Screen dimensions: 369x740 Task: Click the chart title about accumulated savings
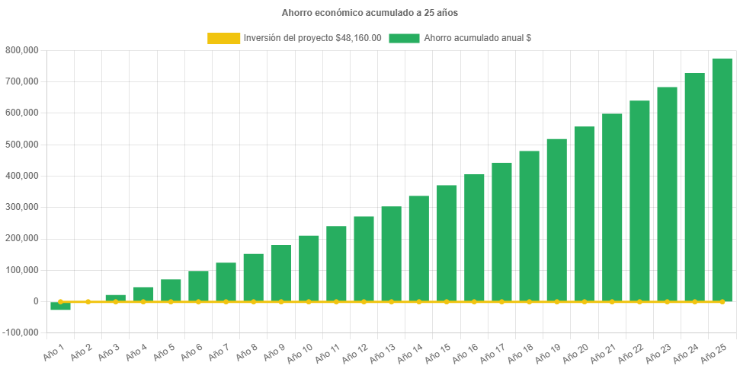click(x=370, y=13)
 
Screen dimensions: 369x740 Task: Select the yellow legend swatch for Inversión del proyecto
click(x=223, y=38)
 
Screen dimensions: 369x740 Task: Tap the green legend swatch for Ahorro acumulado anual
click(x=404, y=38)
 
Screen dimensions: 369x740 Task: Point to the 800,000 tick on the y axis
click(x=22, y=50)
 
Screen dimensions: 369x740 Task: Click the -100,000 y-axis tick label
click(x=21, y=333)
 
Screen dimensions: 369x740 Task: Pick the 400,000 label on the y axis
click(x=22, y=176)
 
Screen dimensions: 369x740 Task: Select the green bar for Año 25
click(x=722, y=180)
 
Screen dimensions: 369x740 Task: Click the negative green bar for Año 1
click(x=60, y=307)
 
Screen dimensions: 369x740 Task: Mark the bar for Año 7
click(x=226, y=282)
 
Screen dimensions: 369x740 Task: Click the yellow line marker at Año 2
click(x=88, y=302)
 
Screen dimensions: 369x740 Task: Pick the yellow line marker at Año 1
click(x=60, y=302)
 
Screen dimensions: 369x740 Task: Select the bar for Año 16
click(x=474, y=237)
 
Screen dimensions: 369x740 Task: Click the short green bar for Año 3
click(x=115, y=297)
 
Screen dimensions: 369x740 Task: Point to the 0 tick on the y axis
click(x=35, y=301)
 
